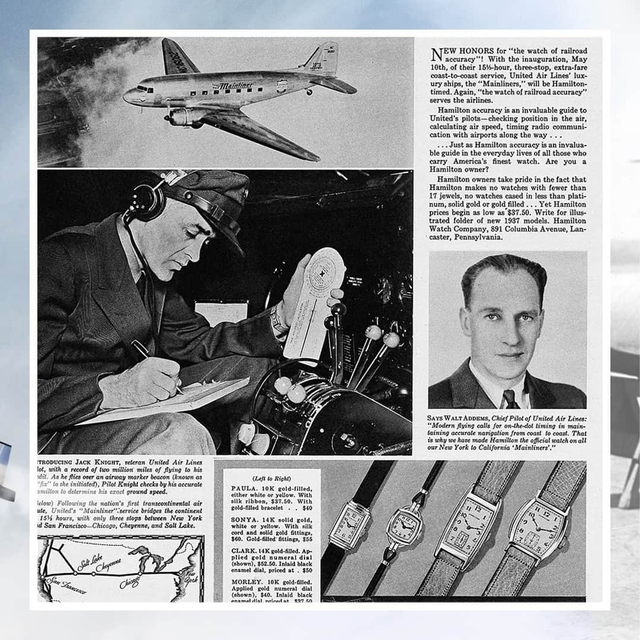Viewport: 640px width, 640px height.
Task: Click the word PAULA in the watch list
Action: point(244,489)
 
